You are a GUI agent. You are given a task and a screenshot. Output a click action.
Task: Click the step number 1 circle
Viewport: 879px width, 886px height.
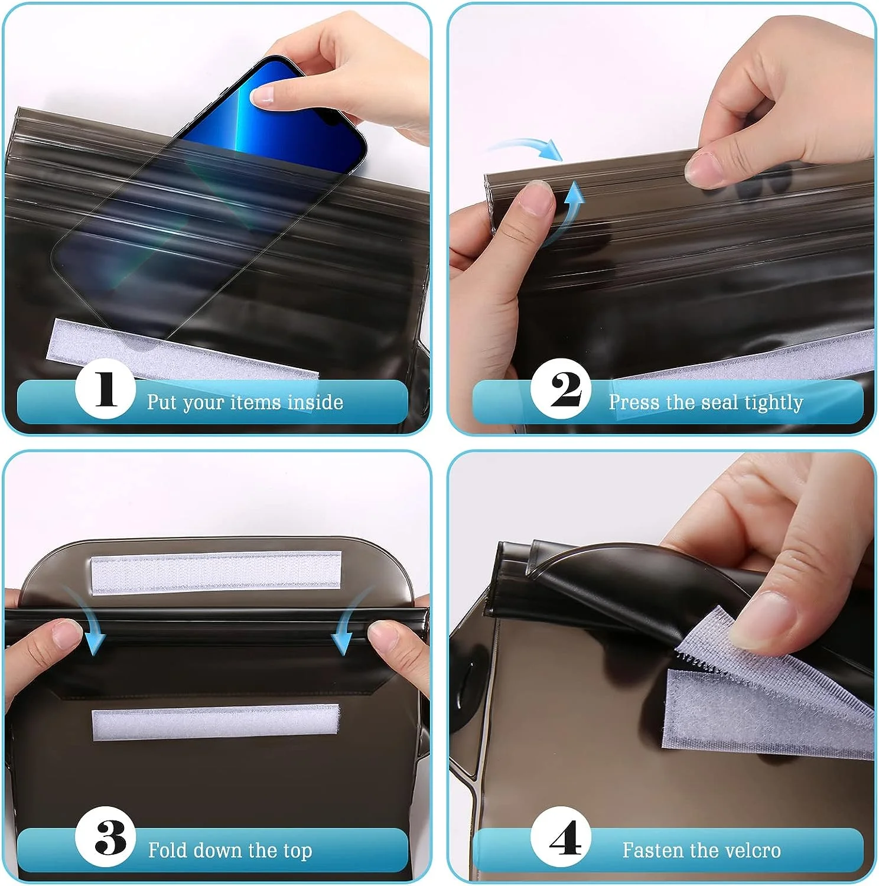click(106, 389)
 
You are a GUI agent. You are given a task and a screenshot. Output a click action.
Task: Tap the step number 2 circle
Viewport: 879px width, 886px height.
click(561, 389)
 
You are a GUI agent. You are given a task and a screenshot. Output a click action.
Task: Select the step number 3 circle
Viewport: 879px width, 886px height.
click(106, 837)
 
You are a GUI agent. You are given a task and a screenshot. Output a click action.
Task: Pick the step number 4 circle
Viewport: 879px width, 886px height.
click(561, 837)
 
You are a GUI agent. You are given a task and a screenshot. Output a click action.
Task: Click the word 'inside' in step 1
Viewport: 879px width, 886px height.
click(315, 402)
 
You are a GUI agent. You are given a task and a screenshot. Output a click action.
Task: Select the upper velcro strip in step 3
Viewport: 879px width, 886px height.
click(216, 572)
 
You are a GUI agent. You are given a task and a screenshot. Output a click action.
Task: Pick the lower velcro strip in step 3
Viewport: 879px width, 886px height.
click(216, 722)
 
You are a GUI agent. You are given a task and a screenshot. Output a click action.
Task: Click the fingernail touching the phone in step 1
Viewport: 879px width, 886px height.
click(262, 95)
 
